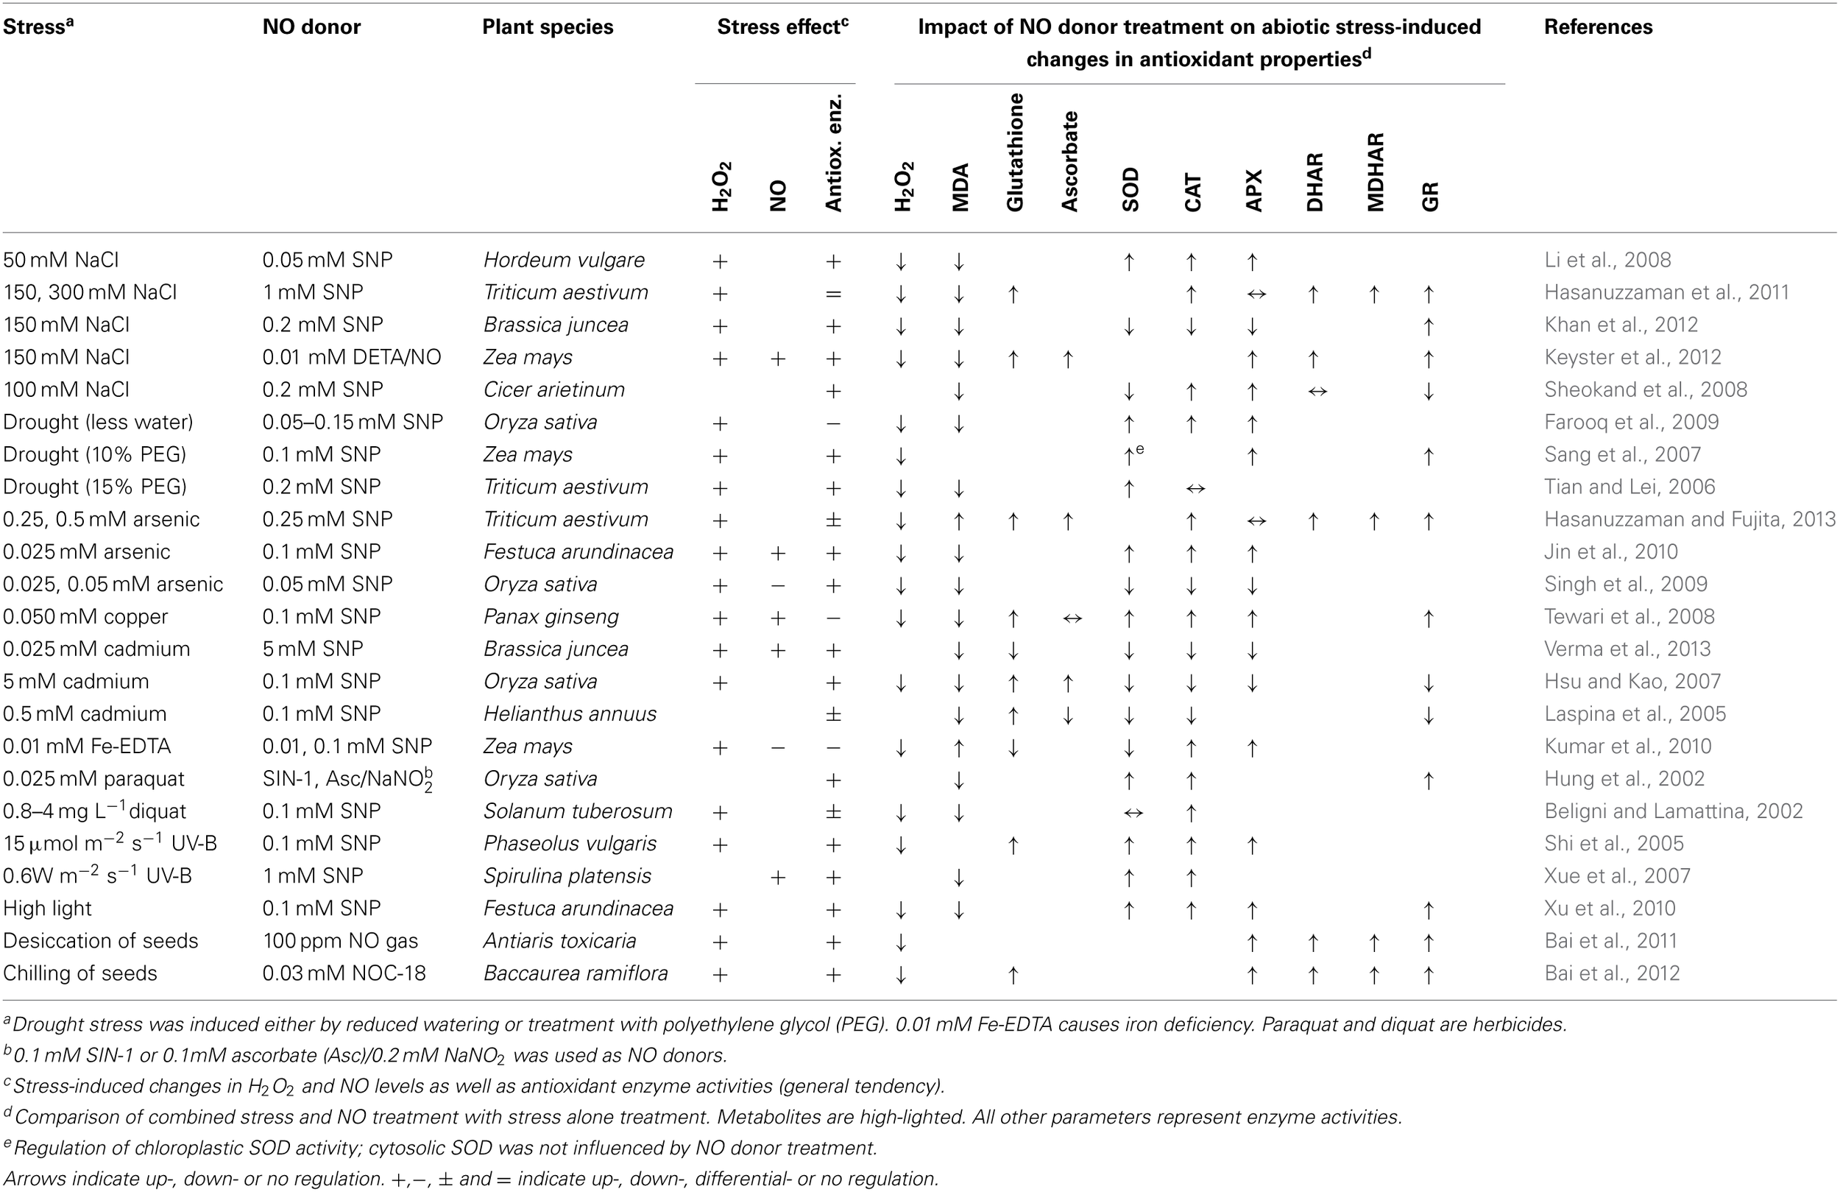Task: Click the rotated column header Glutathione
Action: (x=1014, y=152)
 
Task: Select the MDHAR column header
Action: (x=1375, y=172)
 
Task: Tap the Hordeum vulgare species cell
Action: (x=564, y=260)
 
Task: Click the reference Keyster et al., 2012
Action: (x=1632, y=357)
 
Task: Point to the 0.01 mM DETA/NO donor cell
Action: (x=351, y=357)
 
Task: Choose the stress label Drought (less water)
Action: (x=98, y=423)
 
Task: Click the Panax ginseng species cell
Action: (x=551, y=616)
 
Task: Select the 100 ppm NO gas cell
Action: (x=339, y=941)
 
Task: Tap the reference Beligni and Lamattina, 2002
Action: (x=1673, y=811)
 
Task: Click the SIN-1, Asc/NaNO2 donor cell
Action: (x=347, y=780)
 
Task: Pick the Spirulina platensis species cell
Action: (x=567, y=875)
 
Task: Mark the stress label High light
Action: (x=47, y=908)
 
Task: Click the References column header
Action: (x=1597, y=27)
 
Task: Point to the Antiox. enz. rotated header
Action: (x=832, y=153)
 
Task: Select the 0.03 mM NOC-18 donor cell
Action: (x=343, y=973)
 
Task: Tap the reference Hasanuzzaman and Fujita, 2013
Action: (x=1689, y=519)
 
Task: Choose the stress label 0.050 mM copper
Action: (x=85, y=616)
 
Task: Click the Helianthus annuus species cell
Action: (x=569, y=714)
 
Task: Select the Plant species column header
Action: (x=548, y=27)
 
